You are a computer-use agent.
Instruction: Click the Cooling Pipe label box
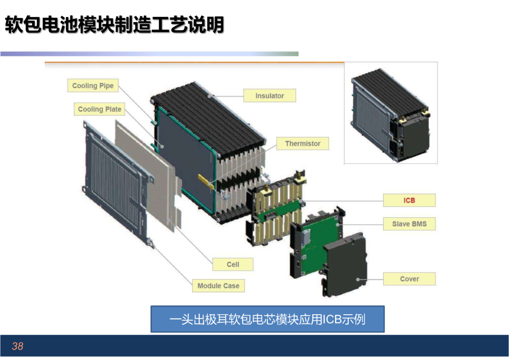click(93, 86)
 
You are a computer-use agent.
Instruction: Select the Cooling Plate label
click(99, 109)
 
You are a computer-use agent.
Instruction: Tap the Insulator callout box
click(270, 96)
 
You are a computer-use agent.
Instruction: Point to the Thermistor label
click(303, 143)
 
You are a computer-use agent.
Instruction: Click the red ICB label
click(410, 200)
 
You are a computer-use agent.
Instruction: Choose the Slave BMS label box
click(410, 224)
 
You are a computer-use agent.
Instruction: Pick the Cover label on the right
click(410, 279)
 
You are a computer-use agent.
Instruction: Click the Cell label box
click(233, 264)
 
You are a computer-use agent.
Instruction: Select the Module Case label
click(219, 286)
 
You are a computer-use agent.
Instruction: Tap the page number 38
click(17, 346)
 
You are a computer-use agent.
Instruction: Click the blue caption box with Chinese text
click(268, 319)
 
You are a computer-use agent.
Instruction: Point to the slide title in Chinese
click(114, 25)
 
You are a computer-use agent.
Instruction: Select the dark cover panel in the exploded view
click(345, 264)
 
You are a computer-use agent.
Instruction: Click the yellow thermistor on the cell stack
click(206, 181)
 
